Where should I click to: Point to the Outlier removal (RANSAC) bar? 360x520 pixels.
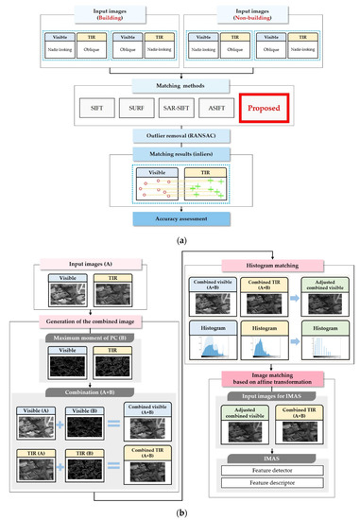click(x=179, y=136)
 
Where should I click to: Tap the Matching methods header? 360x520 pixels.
click(x=179, y=86)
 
